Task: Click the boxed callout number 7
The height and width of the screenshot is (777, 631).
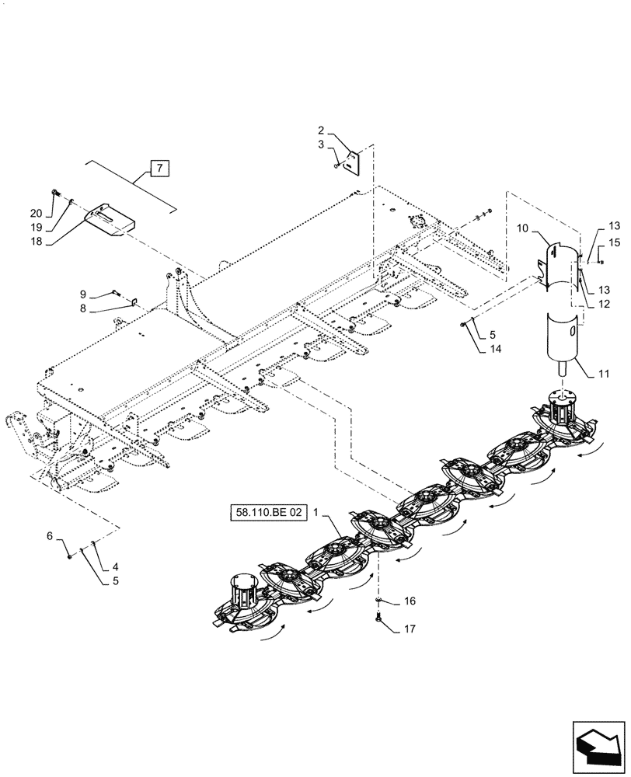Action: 158,169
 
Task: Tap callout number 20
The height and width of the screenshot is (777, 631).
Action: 37,214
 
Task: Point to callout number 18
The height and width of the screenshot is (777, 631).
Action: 37,241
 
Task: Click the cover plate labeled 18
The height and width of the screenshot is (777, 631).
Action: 109,218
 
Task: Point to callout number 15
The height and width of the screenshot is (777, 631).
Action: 614,243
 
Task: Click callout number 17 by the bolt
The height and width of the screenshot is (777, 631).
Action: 410,630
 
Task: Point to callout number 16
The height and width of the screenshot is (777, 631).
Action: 410,601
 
